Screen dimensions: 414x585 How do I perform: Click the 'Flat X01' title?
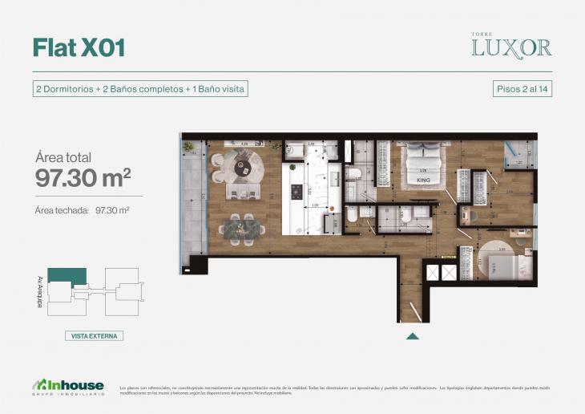coord(79,47)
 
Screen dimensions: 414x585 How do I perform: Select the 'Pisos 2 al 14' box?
coord(522,89)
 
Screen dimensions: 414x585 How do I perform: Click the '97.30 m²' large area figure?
coord(83,178)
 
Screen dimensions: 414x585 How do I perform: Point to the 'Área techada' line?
coord(83,210)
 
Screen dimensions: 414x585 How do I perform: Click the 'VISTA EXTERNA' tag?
coord(94,336)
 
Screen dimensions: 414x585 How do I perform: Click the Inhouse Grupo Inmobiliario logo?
coord(67,388)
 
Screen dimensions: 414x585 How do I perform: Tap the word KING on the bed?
coord(423,181)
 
